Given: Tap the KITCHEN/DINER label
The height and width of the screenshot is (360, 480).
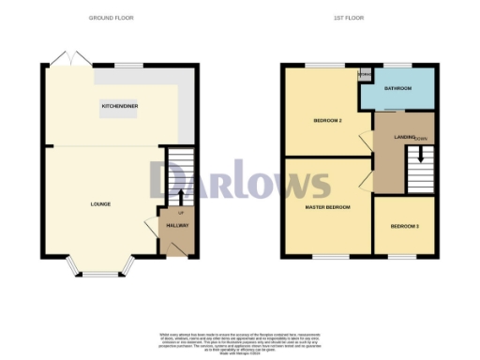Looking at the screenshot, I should (120, 107).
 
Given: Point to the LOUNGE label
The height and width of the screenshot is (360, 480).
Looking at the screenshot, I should (100, 203).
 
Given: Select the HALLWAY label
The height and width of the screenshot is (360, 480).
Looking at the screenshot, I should (177, 226).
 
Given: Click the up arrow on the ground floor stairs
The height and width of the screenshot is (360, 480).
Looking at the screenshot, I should (179, 195).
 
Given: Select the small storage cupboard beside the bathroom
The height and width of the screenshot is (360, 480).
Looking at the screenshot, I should (364, 75).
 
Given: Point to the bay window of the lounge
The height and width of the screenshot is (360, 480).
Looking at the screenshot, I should (100, 273).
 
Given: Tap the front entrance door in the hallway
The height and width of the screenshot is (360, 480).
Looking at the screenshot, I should (174, 248).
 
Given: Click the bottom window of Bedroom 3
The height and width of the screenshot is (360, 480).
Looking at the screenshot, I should (403, 256).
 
